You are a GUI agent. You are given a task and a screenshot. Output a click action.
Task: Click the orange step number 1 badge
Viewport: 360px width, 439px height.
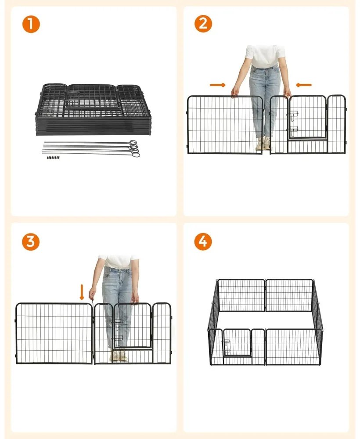click(31, 24)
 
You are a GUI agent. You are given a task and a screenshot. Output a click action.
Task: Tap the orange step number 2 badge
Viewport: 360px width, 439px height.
click(203, 24)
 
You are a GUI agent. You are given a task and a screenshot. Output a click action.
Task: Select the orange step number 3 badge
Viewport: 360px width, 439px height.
click(31, 241)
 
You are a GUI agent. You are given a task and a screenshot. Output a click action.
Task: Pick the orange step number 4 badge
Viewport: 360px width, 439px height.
click(203, 241)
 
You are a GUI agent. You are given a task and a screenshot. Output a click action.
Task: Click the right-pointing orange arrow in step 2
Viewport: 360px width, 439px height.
click(217, 85)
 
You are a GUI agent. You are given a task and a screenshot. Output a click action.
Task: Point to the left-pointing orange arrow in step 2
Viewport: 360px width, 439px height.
click(304, 85)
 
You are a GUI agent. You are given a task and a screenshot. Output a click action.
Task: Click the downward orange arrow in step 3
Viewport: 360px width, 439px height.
click(82, 292)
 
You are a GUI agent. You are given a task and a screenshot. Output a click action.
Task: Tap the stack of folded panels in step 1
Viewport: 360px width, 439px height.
click(93, 109)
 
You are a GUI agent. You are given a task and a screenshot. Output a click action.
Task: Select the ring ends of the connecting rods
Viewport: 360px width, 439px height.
click(134, 148)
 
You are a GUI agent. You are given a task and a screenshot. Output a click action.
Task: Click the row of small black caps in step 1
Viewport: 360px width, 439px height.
click(53, 158)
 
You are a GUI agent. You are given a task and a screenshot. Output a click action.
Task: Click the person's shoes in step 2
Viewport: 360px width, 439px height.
click(264, 143)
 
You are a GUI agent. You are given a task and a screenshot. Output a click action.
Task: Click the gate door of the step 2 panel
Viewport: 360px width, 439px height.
click(307, 117)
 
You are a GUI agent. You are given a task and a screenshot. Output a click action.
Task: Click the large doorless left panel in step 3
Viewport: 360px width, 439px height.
click(54, 334)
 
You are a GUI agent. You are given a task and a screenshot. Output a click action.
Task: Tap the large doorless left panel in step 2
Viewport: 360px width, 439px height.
click(225, 125)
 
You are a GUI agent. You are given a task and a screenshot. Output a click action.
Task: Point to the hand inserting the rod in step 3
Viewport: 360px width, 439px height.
click(92, 294)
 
